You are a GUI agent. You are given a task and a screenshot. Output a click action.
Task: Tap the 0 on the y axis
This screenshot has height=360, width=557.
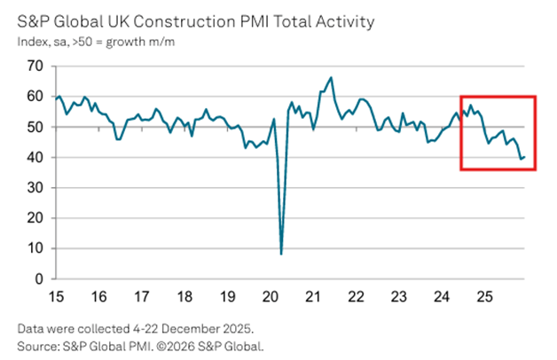tap(38, 278)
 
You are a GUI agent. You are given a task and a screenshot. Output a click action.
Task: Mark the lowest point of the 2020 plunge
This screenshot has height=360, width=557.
tap(282, 254)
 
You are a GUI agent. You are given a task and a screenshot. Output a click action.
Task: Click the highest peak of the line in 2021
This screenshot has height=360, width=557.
tap(331, 78)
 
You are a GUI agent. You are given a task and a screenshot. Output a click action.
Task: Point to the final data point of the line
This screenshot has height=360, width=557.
tap(524, 157)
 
